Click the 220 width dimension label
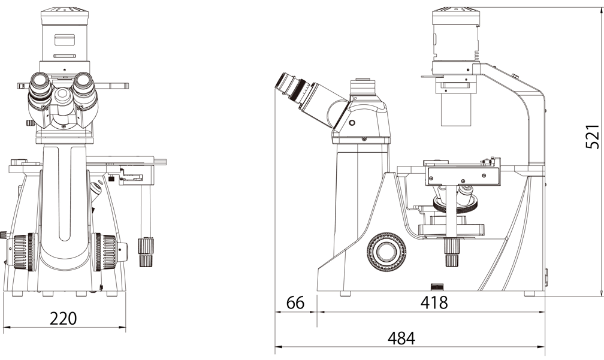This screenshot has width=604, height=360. (x=64, y=319)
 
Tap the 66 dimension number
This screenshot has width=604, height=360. (x=295, y=302)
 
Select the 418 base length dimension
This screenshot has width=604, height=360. (x=434, y=302)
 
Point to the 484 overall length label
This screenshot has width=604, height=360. (x=401, y=338)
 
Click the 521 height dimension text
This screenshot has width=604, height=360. (x=593, y=137)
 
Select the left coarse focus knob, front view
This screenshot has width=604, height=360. (x=24, y=252)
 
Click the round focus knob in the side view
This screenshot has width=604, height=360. (x=386, y=252)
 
